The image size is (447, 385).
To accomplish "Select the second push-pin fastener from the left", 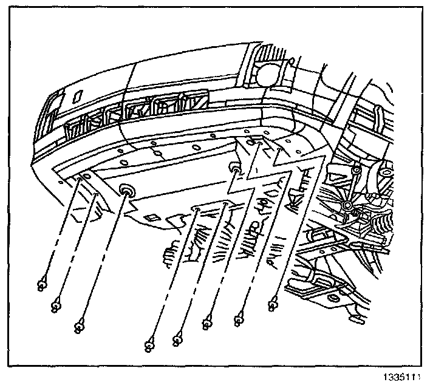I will [55, 305].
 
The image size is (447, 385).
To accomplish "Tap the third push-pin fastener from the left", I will [79, 327].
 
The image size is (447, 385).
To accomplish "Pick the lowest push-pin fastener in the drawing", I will [149, 346].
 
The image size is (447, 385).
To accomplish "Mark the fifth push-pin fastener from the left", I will [179, 335].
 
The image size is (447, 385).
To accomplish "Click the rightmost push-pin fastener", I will [273, 301].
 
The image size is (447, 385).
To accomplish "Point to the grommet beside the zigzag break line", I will [234, 167].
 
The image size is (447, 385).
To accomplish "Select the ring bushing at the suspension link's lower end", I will [346, 208].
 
